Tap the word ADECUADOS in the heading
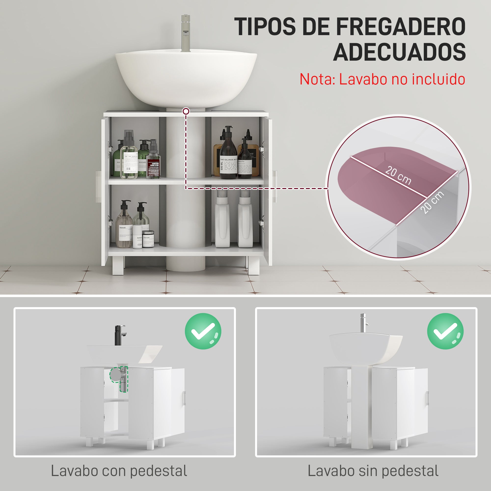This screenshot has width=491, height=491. point(399,52)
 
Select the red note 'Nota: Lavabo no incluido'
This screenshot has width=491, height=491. point(382,79)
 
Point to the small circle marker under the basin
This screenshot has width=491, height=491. point(186,111)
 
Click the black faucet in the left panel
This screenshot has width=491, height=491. point(118,335)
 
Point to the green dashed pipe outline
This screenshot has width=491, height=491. point(120,378)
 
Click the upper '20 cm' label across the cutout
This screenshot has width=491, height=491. point(398,175)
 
